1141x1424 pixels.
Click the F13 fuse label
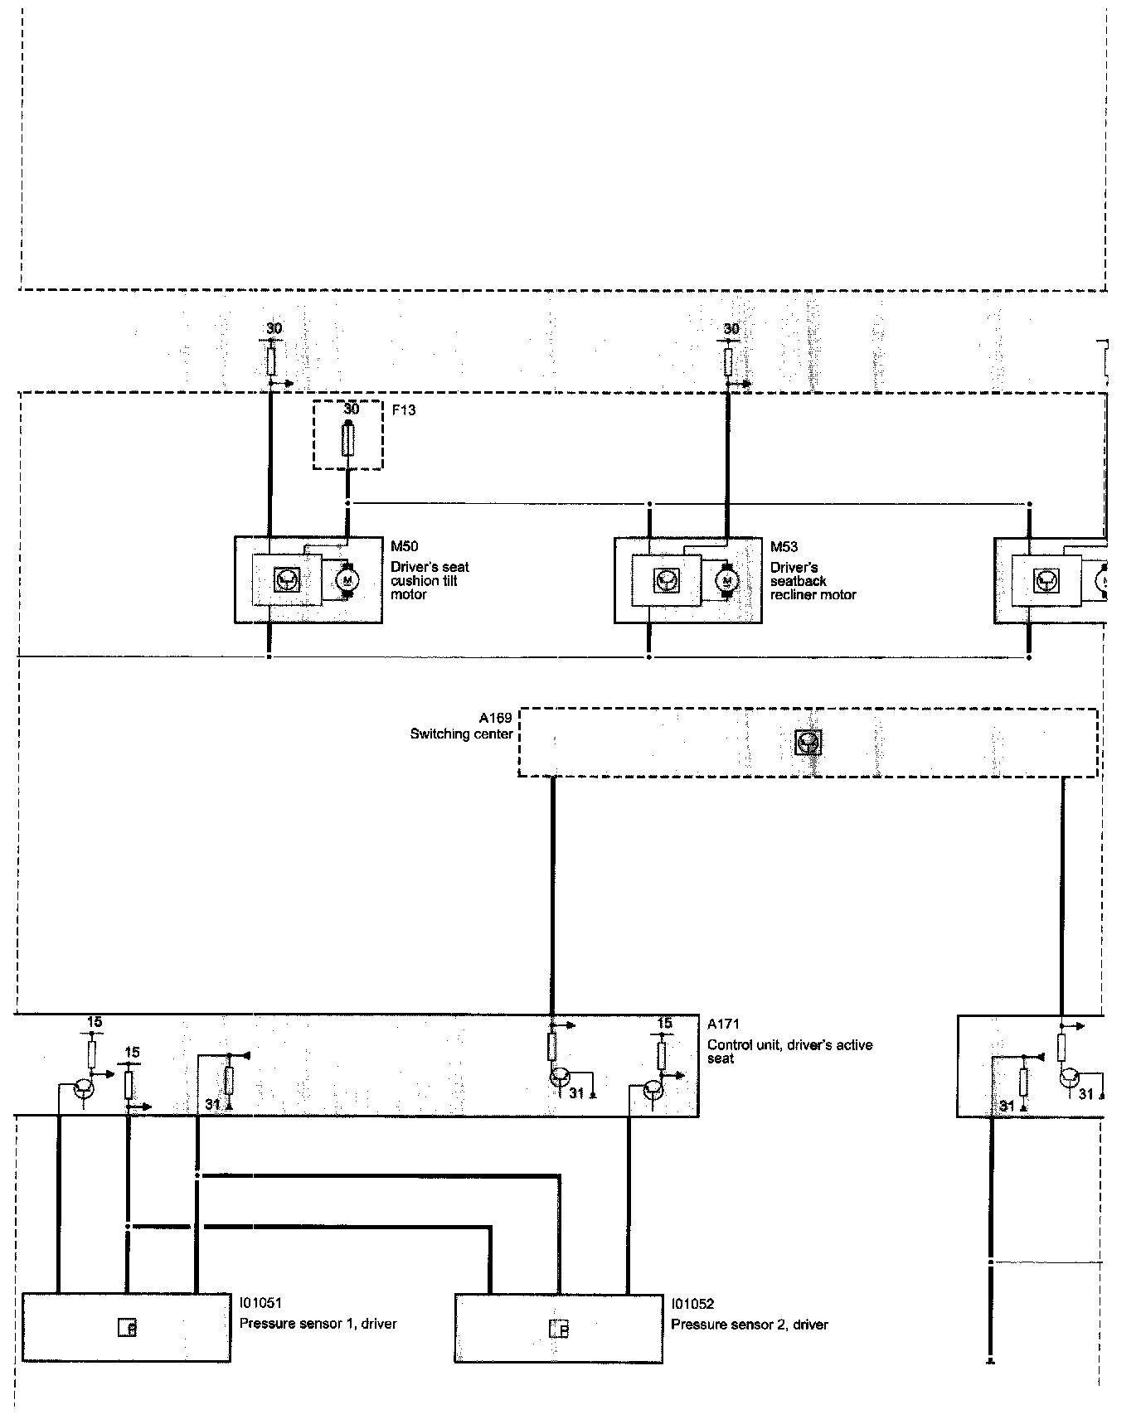[x=404, y=410]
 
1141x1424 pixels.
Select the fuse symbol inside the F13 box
[x=348, y=439]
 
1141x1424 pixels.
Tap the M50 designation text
[x=405, y=546]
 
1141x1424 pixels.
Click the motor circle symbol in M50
[x=348, y=579]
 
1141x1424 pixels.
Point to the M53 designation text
[x=784, y=546]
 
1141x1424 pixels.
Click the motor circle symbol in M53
[x=727, y=580]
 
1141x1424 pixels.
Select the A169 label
[x=495, y=718]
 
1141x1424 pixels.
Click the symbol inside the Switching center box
[x=808, y=743]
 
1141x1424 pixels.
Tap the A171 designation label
[x=723, y=1024]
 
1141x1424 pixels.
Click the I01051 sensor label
[x=261, y=1304]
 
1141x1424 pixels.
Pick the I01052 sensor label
[x=692, y=1304]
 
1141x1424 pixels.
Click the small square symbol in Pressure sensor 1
[x=127, y=1329]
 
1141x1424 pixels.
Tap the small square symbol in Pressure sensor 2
[x=560, y=1329]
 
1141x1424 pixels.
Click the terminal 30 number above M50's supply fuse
[x=274, y=329]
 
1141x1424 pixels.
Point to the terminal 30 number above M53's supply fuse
[x=731, y=329]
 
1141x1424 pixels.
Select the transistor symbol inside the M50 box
[x=287, y=579]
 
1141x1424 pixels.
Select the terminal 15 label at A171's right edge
[x=664, y=1024]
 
